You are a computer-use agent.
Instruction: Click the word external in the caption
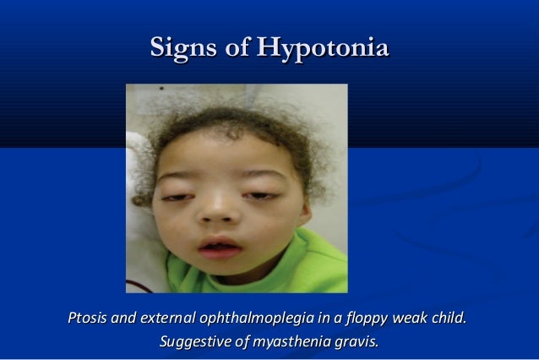167,319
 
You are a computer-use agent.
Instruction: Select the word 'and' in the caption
124,319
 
